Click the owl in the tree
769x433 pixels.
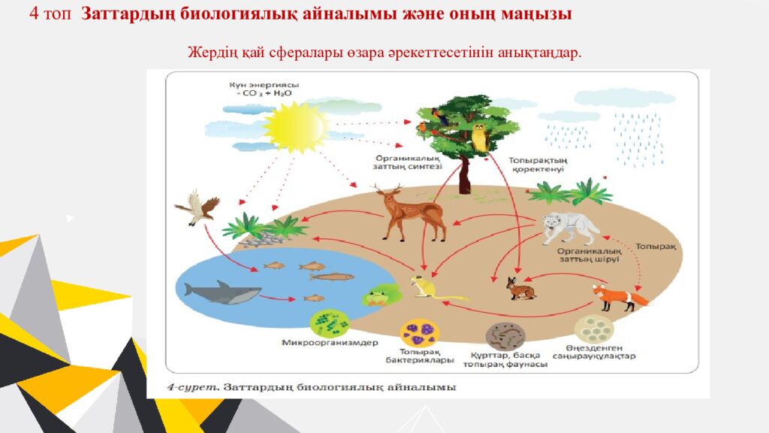click(478, 138)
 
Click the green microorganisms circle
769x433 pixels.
click(330, 323)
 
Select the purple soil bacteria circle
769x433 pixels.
click(419, 332)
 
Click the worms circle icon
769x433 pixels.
click(505, 335)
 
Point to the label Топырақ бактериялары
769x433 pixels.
click(426, 356)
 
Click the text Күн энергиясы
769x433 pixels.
click(264, 85)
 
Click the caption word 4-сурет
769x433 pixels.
click(191, 388)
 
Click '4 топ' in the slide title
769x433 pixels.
click(50, 14)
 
